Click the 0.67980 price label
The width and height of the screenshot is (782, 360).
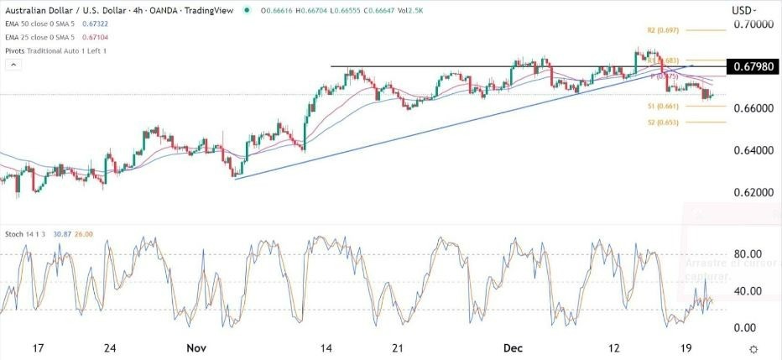(x=753, y=66)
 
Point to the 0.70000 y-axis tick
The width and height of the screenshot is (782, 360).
(x=752, y=25)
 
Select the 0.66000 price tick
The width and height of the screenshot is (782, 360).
(x=752, y=109)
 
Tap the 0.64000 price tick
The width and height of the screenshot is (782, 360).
(x=752, y=151)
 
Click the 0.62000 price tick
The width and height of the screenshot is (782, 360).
(x=752, y=193)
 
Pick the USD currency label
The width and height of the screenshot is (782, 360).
(x=743, y=10)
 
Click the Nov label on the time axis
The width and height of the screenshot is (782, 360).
(x=196, y=348)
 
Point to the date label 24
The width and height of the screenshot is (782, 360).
(x=110, y=348)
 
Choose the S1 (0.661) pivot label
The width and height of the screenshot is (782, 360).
(x=645, y=107)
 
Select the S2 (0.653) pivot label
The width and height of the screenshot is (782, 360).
(x=644, y=123)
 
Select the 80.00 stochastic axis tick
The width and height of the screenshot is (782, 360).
(x=747, y=254)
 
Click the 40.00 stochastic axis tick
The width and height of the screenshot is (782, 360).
(x=747, y=291)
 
